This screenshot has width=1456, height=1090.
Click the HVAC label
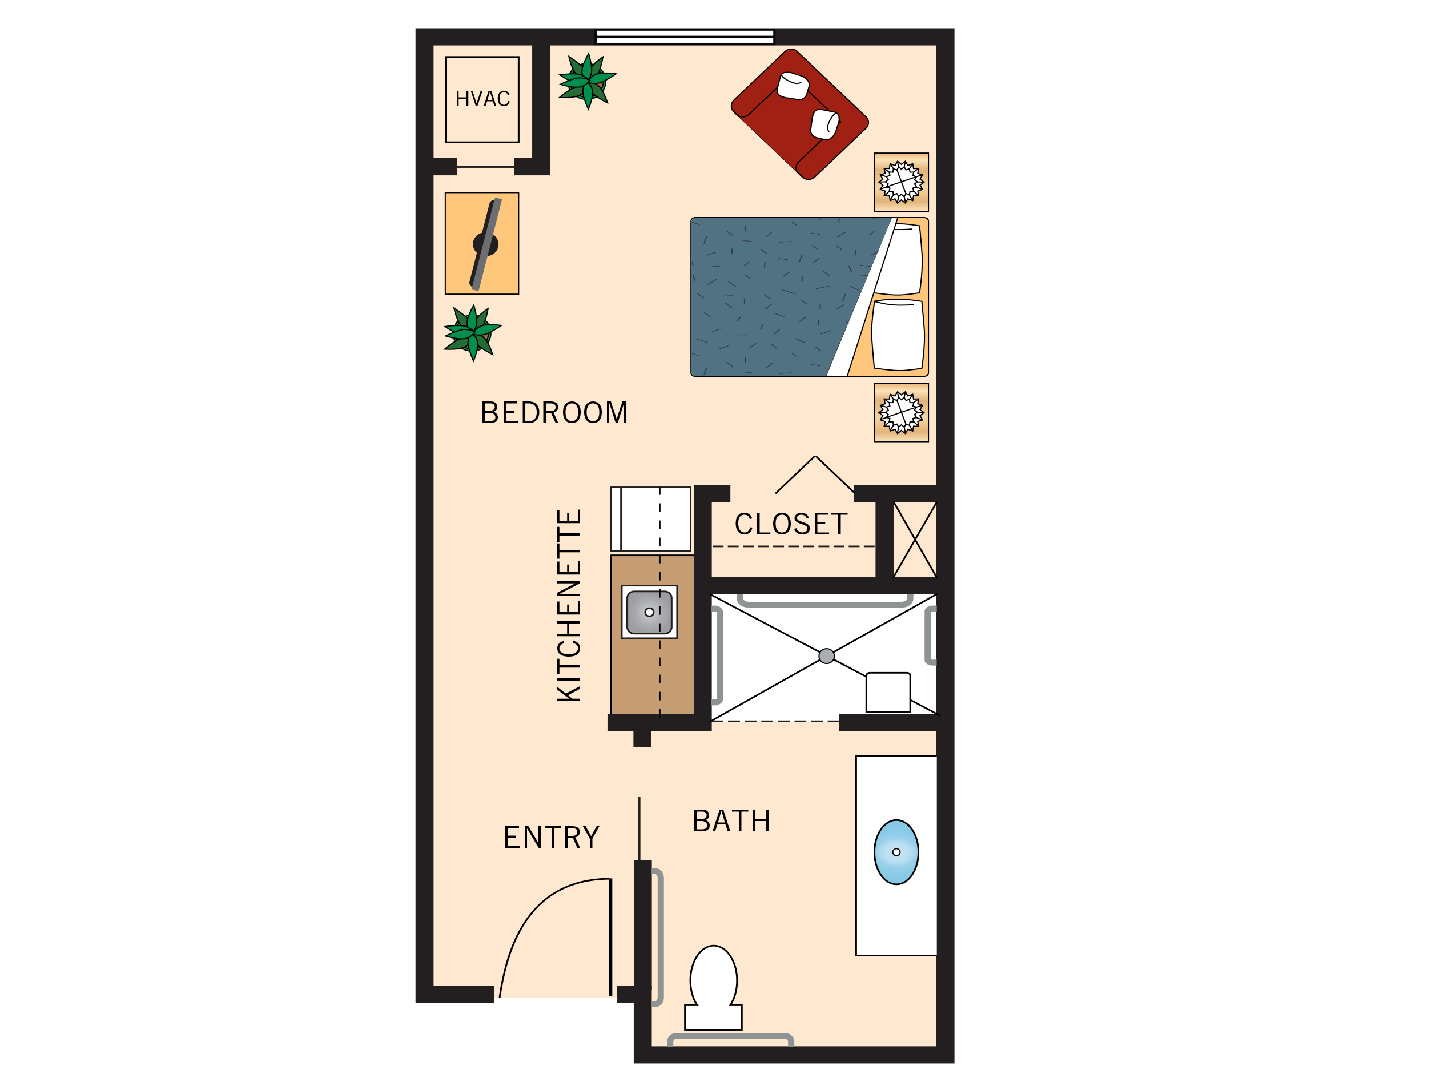coord(482,99)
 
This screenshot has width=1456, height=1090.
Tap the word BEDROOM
coord(554,413)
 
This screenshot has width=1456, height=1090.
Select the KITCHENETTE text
coord(569,606)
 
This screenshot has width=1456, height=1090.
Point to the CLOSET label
coord(791,525)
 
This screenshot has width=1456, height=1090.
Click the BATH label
coord(731,821)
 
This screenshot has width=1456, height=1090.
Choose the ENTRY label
coord(552,837)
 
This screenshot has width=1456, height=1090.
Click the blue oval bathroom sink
coord(896,852)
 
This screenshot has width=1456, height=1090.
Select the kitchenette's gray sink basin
coord(649,612)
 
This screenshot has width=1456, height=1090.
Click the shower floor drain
coord(827,655)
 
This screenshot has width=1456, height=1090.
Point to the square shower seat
coord(888,692)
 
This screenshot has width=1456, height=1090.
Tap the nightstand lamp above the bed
coord(901,182)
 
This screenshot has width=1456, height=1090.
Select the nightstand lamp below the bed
coord(901,413)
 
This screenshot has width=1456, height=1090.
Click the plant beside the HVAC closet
coord(587,81)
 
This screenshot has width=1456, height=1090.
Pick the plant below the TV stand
coord(472,332)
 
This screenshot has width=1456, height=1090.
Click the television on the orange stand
coord(486,244)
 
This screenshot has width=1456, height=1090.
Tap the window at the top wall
coord(685,37)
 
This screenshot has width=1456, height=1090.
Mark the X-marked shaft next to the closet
coord(914,540)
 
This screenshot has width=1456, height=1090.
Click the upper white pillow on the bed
coord(901,259)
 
